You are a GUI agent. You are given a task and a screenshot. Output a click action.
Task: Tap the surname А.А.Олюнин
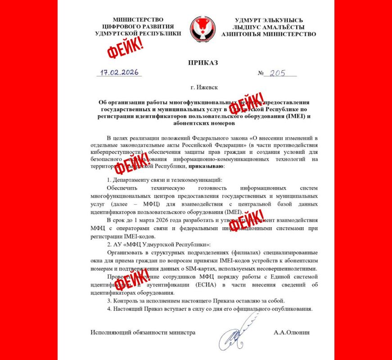pos(292,333)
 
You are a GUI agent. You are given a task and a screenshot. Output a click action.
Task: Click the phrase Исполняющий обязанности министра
pos(143,333)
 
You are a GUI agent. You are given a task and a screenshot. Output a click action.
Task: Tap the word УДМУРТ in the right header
pos(249,20)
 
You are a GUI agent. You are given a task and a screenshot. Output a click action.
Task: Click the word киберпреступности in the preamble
pos(117,152)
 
